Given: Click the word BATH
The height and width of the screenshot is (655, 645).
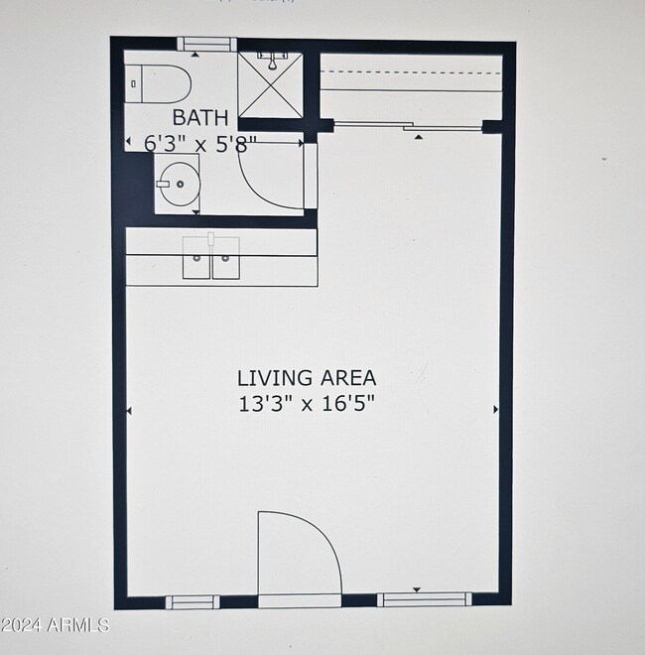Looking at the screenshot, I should point(200,118).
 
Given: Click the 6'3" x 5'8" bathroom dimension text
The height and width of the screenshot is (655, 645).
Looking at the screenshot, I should point(200,144).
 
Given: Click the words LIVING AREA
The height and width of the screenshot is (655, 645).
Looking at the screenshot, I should point(306,378).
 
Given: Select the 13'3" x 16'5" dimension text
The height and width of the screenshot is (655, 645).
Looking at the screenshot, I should point(306,403).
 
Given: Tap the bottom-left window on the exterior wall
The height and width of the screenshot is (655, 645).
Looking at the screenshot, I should point(192,600).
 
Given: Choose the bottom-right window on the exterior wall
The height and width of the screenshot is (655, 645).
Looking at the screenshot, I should point(423,598).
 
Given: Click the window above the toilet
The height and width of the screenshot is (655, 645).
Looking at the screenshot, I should point(205,44).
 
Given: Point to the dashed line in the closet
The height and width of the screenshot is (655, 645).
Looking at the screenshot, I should point(411,72).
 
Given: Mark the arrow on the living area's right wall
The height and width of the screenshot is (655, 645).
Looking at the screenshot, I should point(494,408).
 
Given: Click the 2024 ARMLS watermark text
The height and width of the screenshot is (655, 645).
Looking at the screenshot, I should point(55,625).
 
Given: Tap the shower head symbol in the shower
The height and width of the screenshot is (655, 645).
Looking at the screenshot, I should point(270,62).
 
